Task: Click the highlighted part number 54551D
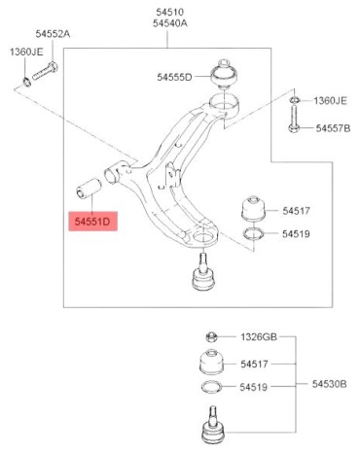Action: tap(92, 222)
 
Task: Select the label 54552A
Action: tap(53, 34)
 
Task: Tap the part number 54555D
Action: tap(174, 77)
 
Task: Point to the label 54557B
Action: tap(333, 128)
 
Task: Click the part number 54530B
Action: tap(330, 384)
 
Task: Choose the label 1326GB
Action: tap(259, 337)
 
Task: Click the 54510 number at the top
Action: tap(170, 13)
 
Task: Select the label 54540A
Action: tap(170, 23)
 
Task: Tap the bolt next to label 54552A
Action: tap(45, 71)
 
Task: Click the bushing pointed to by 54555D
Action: tap(224, 74)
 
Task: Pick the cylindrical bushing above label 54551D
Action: tap(89, 188)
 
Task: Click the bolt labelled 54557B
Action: tap(294, 120)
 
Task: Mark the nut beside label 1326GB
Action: tap(211, 336)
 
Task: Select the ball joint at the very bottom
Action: tap(212, 425)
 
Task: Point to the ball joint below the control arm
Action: tap(203, 272)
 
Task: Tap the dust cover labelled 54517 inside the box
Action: tap(253, 208)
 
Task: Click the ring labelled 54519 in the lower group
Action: tap(211, 387)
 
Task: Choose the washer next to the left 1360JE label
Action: tap(27, 82)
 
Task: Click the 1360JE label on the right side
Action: tap(330, 101)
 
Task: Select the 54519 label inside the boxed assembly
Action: tap(296, 234)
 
